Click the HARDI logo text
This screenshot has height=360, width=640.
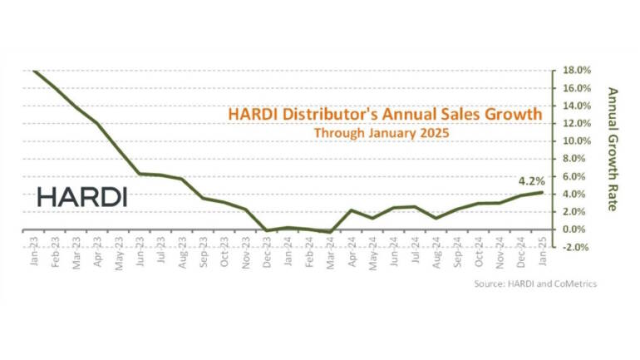tap(82, 197)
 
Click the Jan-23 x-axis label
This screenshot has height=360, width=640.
tap(34, 249)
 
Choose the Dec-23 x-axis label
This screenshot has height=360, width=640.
tap(266, 249)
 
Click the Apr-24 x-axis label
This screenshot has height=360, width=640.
tap(352, 249)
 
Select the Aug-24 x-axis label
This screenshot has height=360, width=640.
tap(436, 249)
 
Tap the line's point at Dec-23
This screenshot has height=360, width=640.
tap(266, 230)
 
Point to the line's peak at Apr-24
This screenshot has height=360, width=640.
tap(352, 210)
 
